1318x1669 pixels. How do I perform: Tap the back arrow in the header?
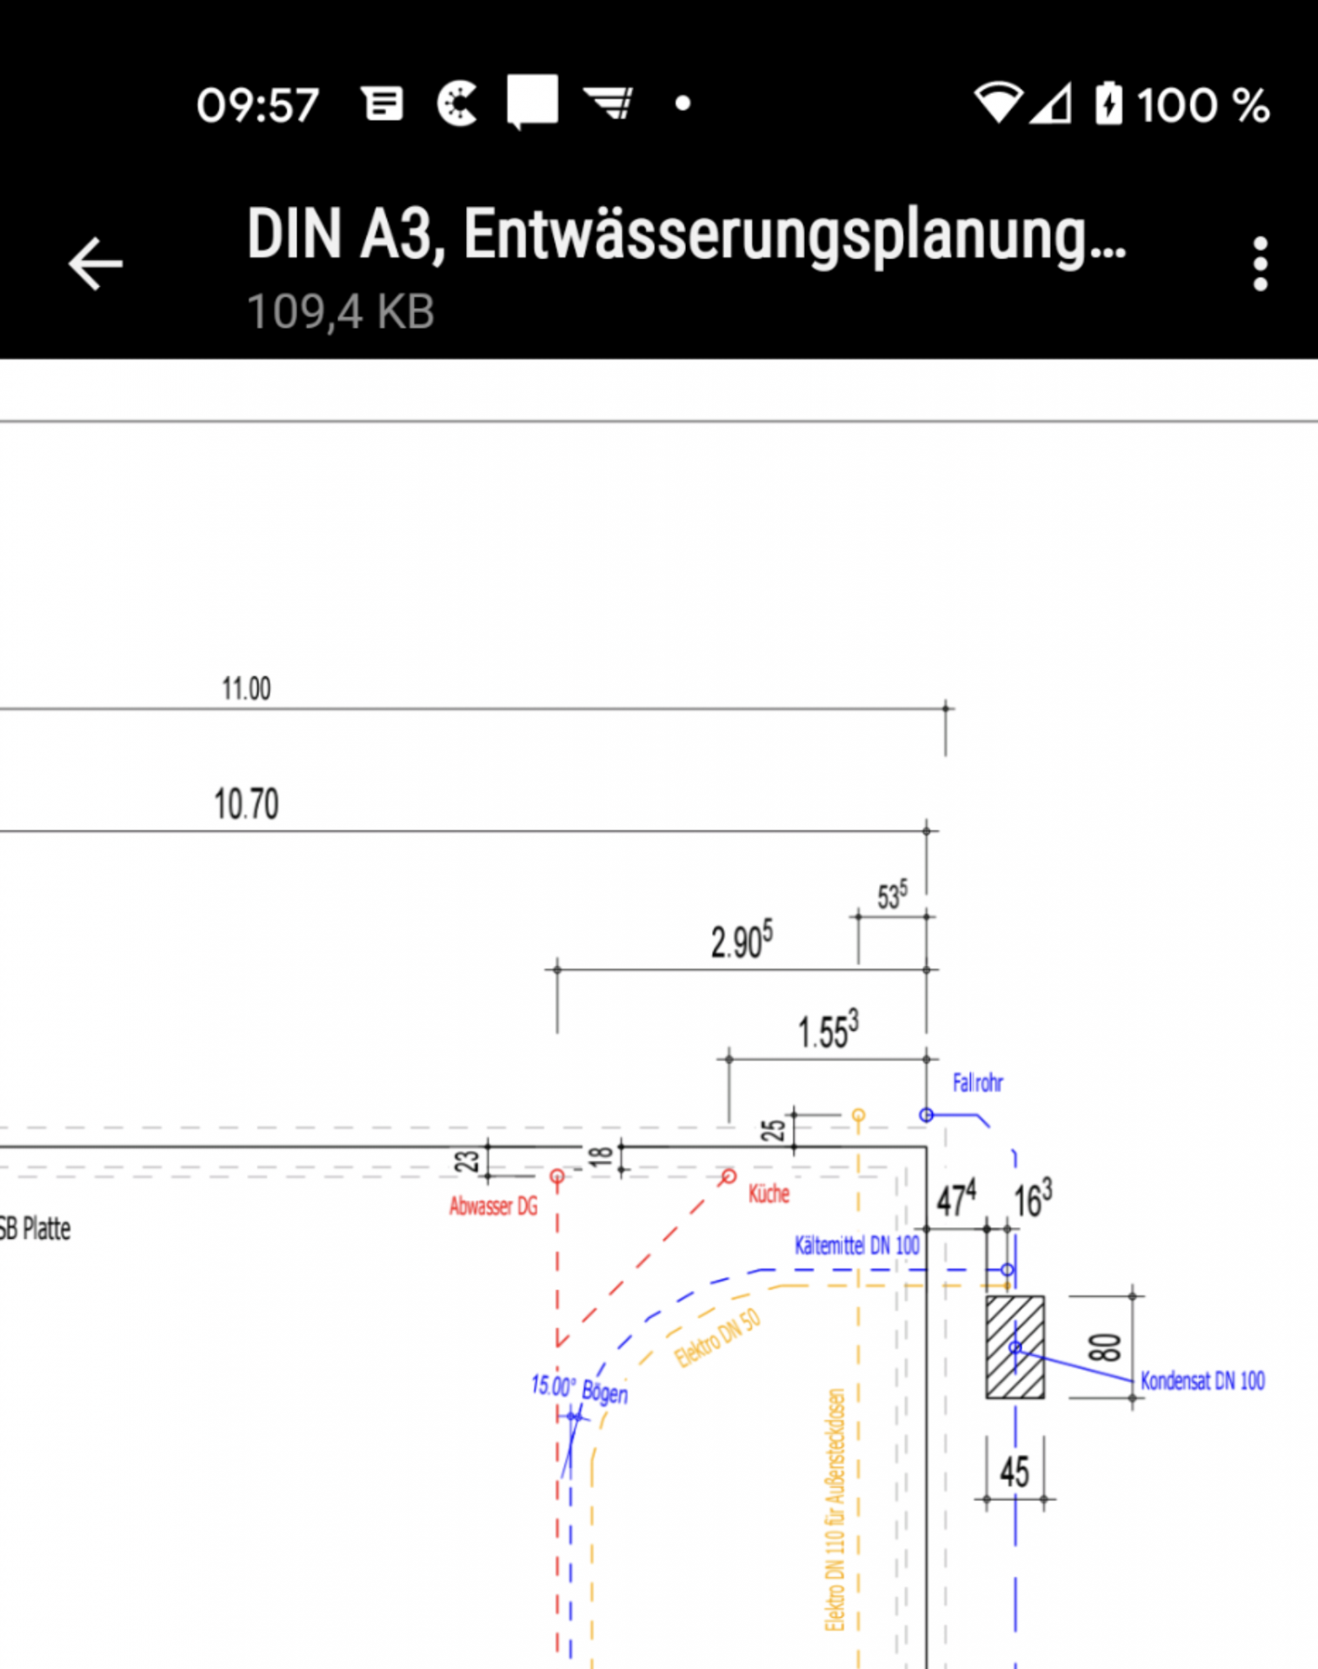click(96, 263)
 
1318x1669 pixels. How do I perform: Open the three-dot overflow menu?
click(1260, 263)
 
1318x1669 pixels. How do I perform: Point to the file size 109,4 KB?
click(341, 311)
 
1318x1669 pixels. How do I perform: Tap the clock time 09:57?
click(257, 105)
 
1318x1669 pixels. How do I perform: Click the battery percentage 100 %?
click(1203, 105)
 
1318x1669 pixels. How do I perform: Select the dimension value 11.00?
click(246, 688)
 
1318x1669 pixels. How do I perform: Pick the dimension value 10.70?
click(246, 804)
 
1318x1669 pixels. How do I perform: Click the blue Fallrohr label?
click(977, 1083)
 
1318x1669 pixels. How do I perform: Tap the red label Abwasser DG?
click(493, 1206)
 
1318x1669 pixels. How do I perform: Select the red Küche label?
click(769, 1194)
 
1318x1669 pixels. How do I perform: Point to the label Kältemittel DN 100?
click(856, 1246)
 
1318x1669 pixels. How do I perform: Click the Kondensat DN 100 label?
click(1202, 1380)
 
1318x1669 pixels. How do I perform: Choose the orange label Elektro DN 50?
click(717, 1338)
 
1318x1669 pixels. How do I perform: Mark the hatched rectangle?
click(1015, 1347)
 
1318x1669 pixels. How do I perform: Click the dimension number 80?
click(1104, 1347)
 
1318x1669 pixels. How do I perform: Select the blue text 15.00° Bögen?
click(579, 1388)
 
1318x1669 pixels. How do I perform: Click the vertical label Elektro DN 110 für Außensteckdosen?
click(835, 1509)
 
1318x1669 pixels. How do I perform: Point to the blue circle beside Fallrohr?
click(927, 1115)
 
